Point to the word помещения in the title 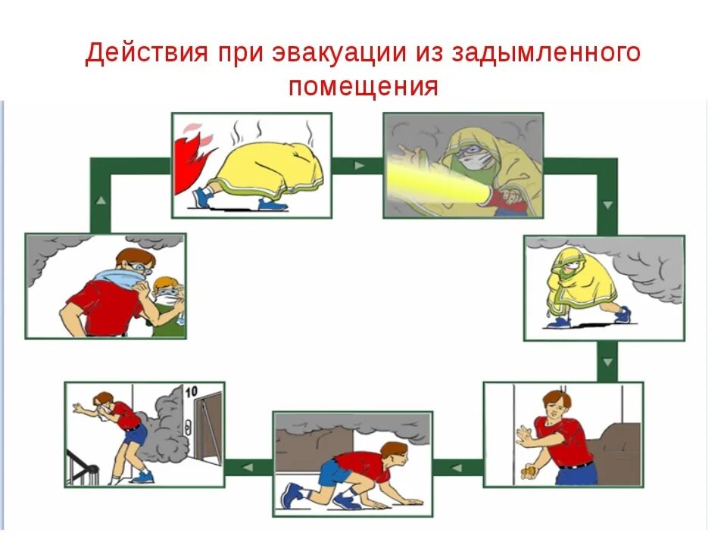363,86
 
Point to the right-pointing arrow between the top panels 358,165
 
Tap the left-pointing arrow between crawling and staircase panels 248,467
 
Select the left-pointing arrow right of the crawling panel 457,468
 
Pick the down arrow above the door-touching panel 606,363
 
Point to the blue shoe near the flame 203,198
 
